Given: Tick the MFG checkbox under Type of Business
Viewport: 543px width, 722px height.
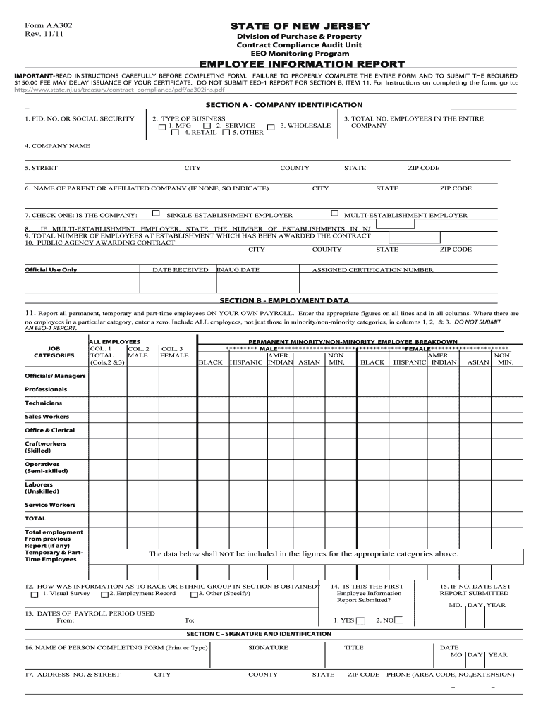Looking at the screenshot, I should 163,127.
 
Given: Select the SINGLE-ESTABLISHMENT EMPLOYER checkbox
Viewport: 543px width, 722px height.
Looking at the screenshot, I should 157,213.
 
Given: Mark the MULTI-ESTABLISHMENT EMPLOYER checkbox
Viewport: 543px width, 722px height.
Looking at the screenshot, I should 335,213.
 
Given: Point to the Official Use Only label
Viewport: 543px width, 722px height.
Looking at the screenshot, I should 51,270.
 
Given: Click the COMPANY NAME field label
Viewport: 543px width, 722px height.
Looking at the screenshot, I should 57,146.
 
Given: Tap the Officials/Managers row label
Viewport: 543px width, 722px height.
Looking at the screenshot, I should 55,376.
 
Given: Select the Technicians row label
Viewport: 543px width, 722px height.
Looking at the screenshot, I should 44,403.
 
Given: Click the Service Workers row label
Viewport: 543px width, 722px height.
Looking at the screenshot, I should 50,505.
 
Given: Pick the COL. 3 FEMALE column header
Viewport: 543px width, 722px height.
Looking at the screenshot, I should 174,352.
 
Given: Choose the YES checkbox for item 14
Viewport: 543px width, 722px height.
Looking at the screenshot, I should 360,621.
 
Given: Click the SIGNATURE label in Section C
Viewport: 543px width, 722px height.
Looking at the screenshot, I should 268,648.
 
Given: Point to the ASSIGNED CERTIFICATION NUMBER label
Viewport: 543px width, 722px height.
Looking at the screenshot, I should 373,270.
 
